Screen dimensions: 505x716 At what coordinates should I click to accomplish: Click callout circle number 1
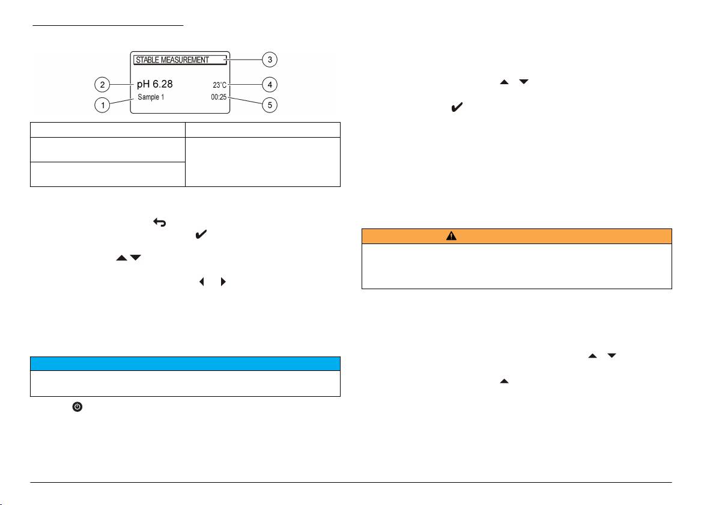pyautogui.click(x=103, y=105)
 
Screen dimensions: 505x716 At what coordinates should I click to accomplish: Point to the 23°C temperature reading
pyautogui.click(x=219, y=85)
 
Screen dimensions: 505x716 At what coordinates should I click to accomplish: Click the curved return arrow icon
pyautogui.click(x=160, y=222)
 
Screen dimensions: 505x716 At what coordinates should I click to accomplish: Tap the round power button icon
pyautogui.click(x=77, y=407)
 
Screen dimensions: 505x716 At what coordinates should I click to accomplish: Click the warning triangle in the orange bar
pyautogui.click(x=452, y=236)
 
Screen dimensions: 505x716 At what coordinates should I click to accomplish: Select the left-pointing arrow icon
pyautogui.click(x=201, y=280)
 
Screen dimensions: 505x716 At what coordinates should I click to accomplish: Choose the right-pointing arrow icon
pyautogui.click(x=223, y=280)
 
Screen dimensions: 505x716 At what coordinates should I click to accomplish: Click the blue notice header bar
pyautogui.click(x=185, y=364)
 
